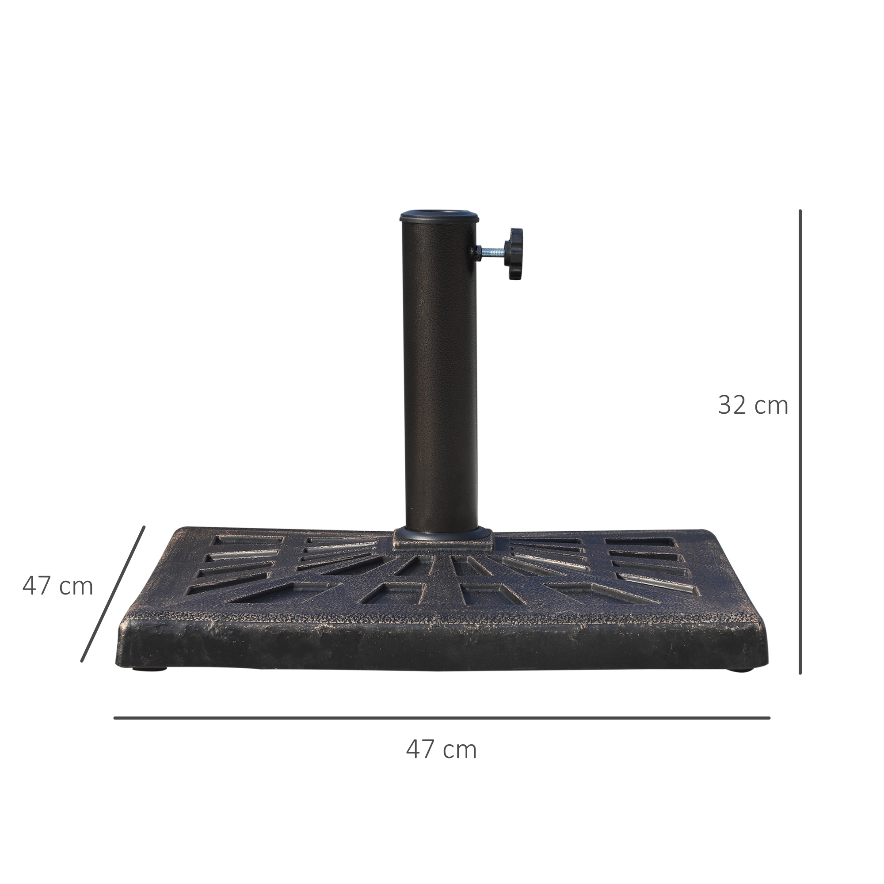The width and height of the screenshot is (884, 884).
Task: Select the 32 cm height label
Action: (x=753, y=405)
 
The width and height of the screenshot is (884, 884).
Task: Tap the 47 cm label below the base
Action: (x=441, y=750)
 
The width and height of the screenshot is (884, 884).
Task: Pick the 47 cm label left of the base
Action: (x=57, y=586)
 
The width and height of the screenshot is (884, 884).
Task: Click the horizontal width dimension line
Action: (x=442, y=718)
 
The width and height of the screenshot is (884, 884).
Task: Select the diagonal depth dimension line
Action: (x=113, y=594)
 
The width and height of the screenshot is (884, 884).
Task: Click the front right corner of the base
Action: (x=763, y=659)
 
